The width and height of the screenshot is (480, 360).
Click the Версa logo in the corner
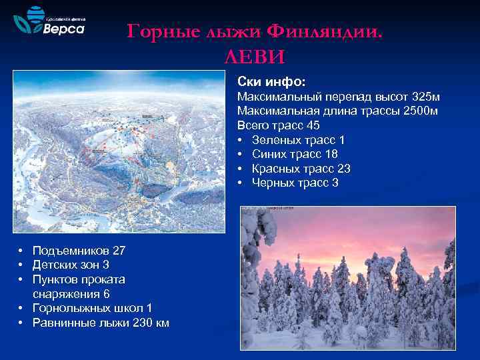tap(50, 24)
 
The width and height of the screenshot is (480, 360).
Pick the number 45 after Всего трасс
tap(312, 125)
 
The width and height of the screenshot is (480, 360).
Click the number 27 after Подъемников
tap(119, 251)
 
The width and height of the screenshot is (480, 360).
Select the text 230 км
tap(151, 323)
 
